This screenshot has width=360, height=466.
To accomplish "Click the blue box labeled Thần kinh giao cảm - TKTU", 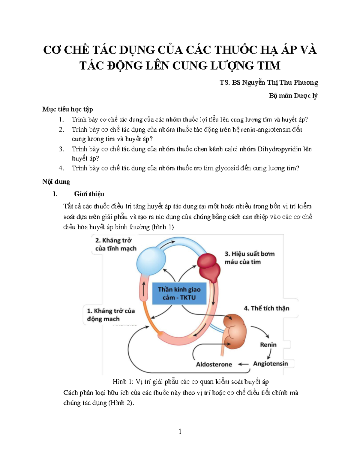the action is pyautogui.click(x=179, y=293).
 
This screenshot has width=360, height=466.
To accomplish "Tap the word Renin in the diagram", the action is pyautogui.click(x=268, y=344).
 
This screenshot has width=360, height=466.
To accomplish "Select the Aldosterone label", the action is pyautogui.click(x=214, y=364).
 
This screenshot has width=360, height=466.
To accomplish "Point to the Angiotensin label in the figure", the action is pyautogui.click(x=271, y=364).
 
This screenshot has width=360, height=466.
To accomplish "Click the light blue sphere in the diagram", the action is pyautogui.click(x=151, y=260).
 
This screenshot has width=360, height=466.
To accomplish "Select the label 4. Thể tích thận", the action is pyautogui.click(x=266, y=308).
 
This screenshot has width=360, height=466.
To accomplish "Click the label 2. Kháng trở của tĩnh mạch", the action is pyautogui.click(x=116, y=245).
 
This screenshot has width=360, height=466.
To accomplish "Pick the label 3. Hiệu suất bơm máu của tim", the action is pyautogui.click(x=250, y=258).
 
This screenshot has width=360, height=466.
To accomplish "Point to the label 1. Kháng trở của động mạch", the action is pyautogui.click(x=111, y=315).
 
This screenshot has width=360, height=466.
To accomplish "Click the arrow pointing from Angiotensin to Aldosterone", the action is pyautogui.click(x=243, y=364).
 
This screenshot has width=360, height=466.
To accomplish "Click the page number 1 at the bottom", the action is pyautogui.click(x=180, y=431).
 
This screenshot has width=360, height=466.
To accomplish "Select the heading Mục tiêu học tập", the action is pyautogui.click(x=67, y=109).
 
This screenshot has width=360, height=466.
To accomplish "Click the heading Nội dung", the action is pyautogui.click(x=56, y=182).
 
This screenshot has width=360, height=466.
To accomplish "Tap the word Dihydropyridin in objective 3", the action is pyautogui.click(x=279, y=149).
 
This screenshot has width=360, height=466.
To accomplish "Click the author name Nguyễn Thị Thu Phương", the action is pyautogui.click(x=280, y=83).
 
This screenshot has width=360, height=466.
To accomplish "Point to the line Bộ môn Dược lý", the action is pyautogui.click(x=293, y=96).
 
